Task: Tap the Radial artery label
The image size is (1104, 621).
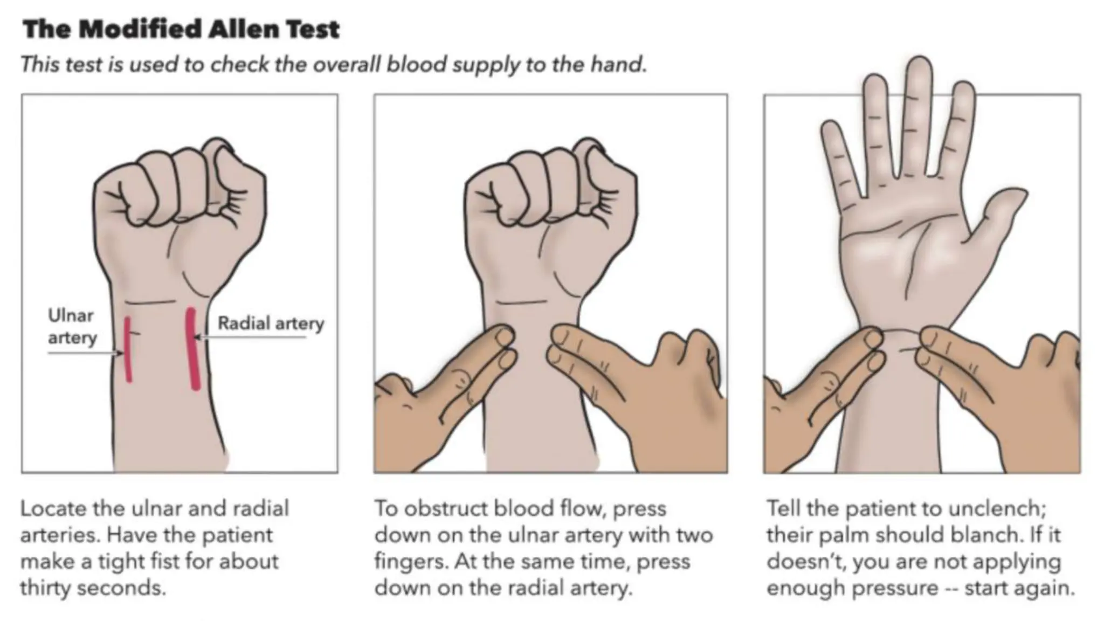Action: [x=271, y=323]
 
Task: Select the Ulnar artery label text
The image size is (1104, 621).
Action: [x=72, y=327]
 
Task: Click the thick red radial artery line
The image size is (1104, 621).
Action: [x=193, y=348]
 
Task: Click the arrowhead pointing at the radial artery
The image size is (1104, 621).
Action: [x=197, y=337]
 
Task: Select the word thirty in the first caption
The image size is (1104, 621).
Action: [x=45, y=588]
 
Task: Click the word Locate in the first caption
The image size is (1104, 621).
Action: [x=53, y=508]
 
